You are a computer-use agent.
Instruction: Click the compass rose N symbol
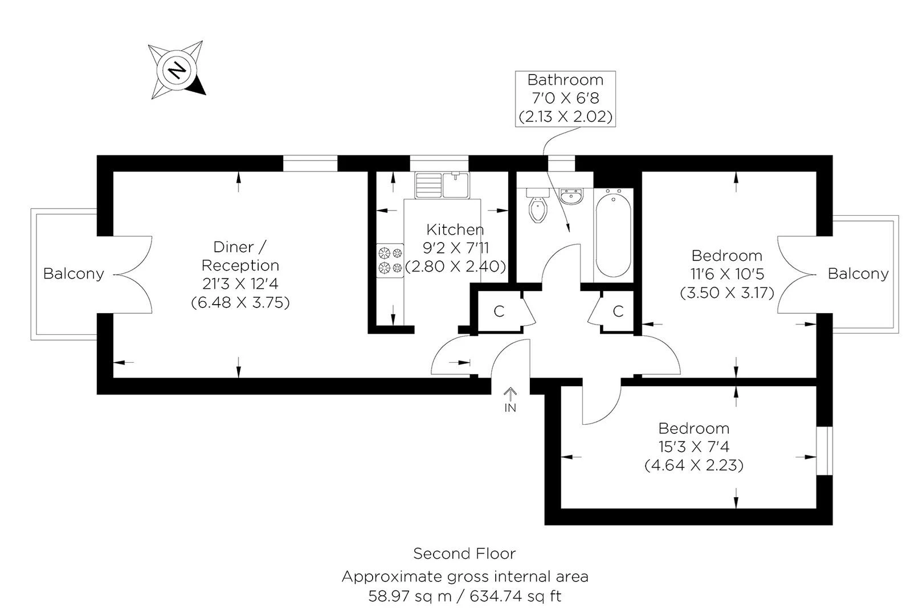tap(177, 70)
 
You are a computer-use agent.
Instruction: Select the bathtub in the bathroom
tap(613, 235)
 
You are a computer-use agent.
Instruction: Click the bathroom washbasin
tap(570, 196)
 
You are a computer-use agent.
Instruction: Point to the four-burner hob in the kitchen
tap(390, 260)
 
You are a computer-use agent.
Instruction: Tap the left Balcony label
tap(73, 274)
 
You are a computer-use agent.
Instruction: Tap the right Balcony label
tap(857, 274)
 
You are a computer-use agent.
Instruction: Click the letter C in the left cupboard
tap(499, 311)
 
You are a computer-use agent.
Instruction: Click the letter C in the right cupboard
tap(618, 311)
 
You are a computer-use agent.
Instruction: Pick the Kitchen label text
tap(455, 229)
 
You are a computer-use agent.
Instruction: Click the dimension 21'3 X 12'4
tap(240, 284)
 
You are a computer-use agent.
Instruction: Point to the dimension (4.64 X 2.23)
tap(693, 465)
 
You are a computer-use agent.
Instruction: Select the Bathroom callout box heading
tap(565, 80)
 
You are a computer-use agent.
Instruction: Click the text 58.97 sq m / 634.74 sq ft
tap(464, 596)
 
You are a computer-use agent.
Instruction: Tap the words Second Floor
tap(464, 553)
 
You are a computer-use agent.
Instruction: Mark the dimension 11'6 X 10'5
tap(726, 274)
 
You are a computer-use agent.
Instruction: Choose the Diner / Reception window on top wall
tap(311, 164)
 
